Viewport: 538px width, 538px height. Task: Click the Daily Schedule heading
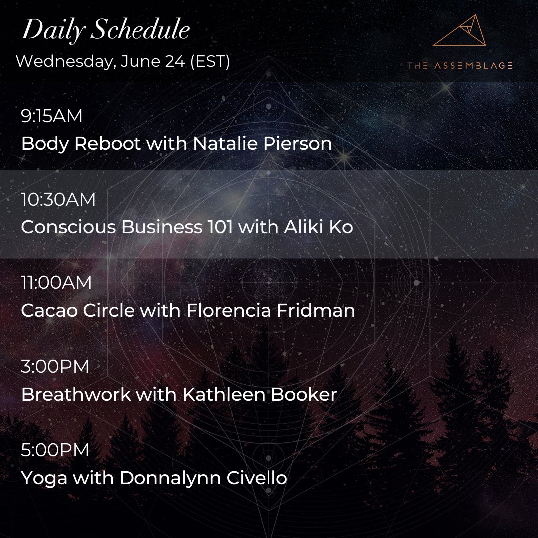106,31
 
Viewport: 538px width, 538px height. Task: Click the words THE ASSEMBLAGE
459,65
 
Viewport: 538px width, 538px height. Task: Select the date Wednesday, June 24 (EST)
123,62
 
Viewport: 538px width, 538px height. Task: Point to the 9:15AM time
51,116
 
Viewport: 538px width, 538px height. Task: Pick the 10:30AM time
58,200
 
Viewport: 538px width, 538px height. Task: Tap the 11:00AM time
56,283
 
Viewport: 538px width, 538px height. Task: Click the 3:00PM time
55,367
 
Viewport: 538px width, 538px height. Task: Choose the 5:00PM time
55,450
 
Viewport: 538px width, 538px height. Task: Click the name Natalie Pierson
262,144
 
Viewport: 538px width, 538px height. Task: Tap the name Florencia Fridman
270,311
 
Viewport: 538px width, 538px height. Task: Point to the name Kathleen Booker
260,395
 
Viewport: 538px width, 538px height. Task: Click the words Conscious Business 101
127,227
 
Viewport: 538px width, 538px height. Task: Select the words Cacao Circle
78,311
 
